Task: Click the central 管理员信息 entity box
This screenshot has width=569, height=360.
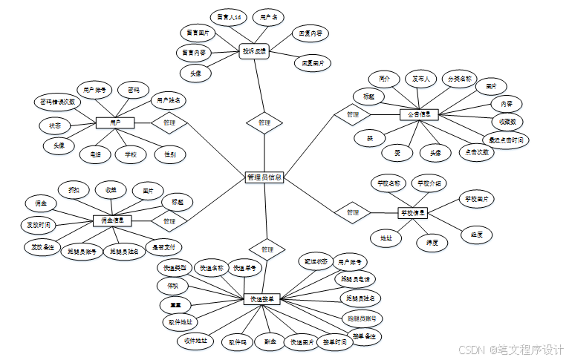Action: click(x=264, y=177)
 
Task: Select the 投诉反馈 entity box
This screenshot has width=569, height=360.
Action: click(x=254, y=52)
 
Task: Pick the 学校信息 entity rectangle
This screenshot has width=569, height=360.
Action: click(x=414, y=213)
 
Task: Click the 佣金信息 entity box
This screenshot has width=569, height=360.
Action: click(x=112, y=220)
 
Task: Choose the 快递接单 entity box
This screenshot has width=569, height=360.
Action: click(x=263, y=299)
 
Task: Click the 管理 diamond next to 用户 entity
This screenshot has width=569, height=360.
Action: click(x=169, y=122)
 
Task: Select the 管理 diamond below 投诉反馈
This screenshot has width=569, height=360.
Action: click(x=264, y=122)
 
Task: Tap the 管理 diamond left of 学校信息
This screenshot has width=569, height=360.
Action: click(x=352, y=213)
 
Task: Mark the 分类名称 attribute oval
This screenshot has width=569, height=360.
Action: click(x=458, y=79)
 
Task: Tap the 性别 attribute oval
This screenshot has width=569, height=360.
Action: click(x=170, y=154)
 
